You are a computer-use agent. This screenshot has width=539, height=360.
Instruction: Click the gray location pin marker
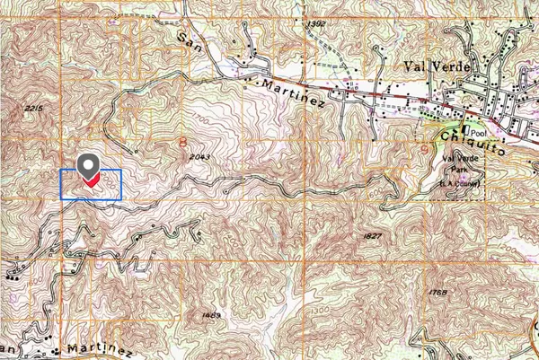(x=88, y=166)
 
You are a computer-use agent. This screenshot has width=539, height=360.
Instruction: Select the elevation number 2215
(x=35, y=108)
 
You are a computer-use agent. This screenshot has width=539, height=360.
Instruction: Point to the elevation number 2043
(x=200, y=156)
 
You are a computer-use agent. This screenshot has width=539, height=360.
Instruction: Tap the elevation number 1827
(x=374, y=236)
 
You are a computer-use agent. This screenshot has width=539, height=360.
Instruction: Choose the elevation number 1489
(x=212, y=314)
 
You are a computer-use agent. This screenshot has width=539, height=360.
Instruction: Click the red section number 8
(x=183, y=141)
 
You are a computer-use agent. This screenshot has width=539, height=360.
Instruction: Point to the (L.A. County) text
(x=462, y=184)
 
